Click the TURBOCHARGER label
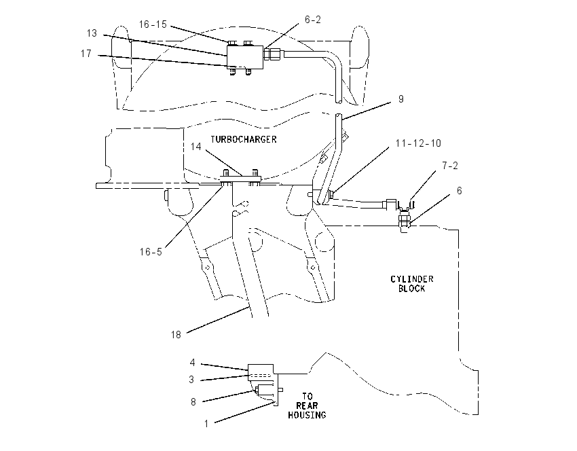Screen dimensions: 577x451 [x=243, y=139]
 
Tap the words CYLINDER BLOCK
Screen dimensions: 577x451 [x=412, y=284]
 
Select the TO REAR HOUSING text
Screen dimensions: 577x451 [x=307, y=405]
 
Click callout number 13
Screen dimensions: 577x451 [x=92, y=33]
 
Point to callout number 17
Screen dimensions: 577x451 [x=86, y=54]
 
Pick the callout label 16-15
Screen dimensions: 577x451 [x=153, y=24]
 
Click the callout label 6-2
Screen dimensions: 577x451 [x=313, y=20]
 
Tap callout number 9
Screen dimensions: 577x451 [x=401, y=99]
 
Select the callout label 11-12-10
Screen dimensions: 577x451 [x=418, y=143]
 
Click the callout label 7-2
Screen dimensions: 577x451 [x=450, y=166]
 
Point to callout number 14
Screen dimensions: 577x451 [x=196, y=147]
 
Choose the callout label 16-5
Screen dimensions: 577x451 [x=151, y=252]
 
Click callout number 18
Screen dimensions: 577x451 [x=176, y=335]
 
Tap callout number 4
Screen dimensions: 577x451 [x=192, y=363]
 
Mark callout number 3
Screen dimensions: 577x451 [x=191, y=380]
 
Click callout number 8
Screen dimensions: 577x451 [x=193, y=402]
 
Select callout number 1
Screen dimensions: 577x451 [x=206, y=424]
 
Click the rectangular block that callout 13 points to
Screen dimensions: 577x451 [x=244, y=57]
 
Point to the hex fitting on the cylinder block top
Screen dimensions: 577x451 [x=404, y=220]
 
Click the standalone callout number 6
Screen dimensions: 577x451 [x=460, y=191]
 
